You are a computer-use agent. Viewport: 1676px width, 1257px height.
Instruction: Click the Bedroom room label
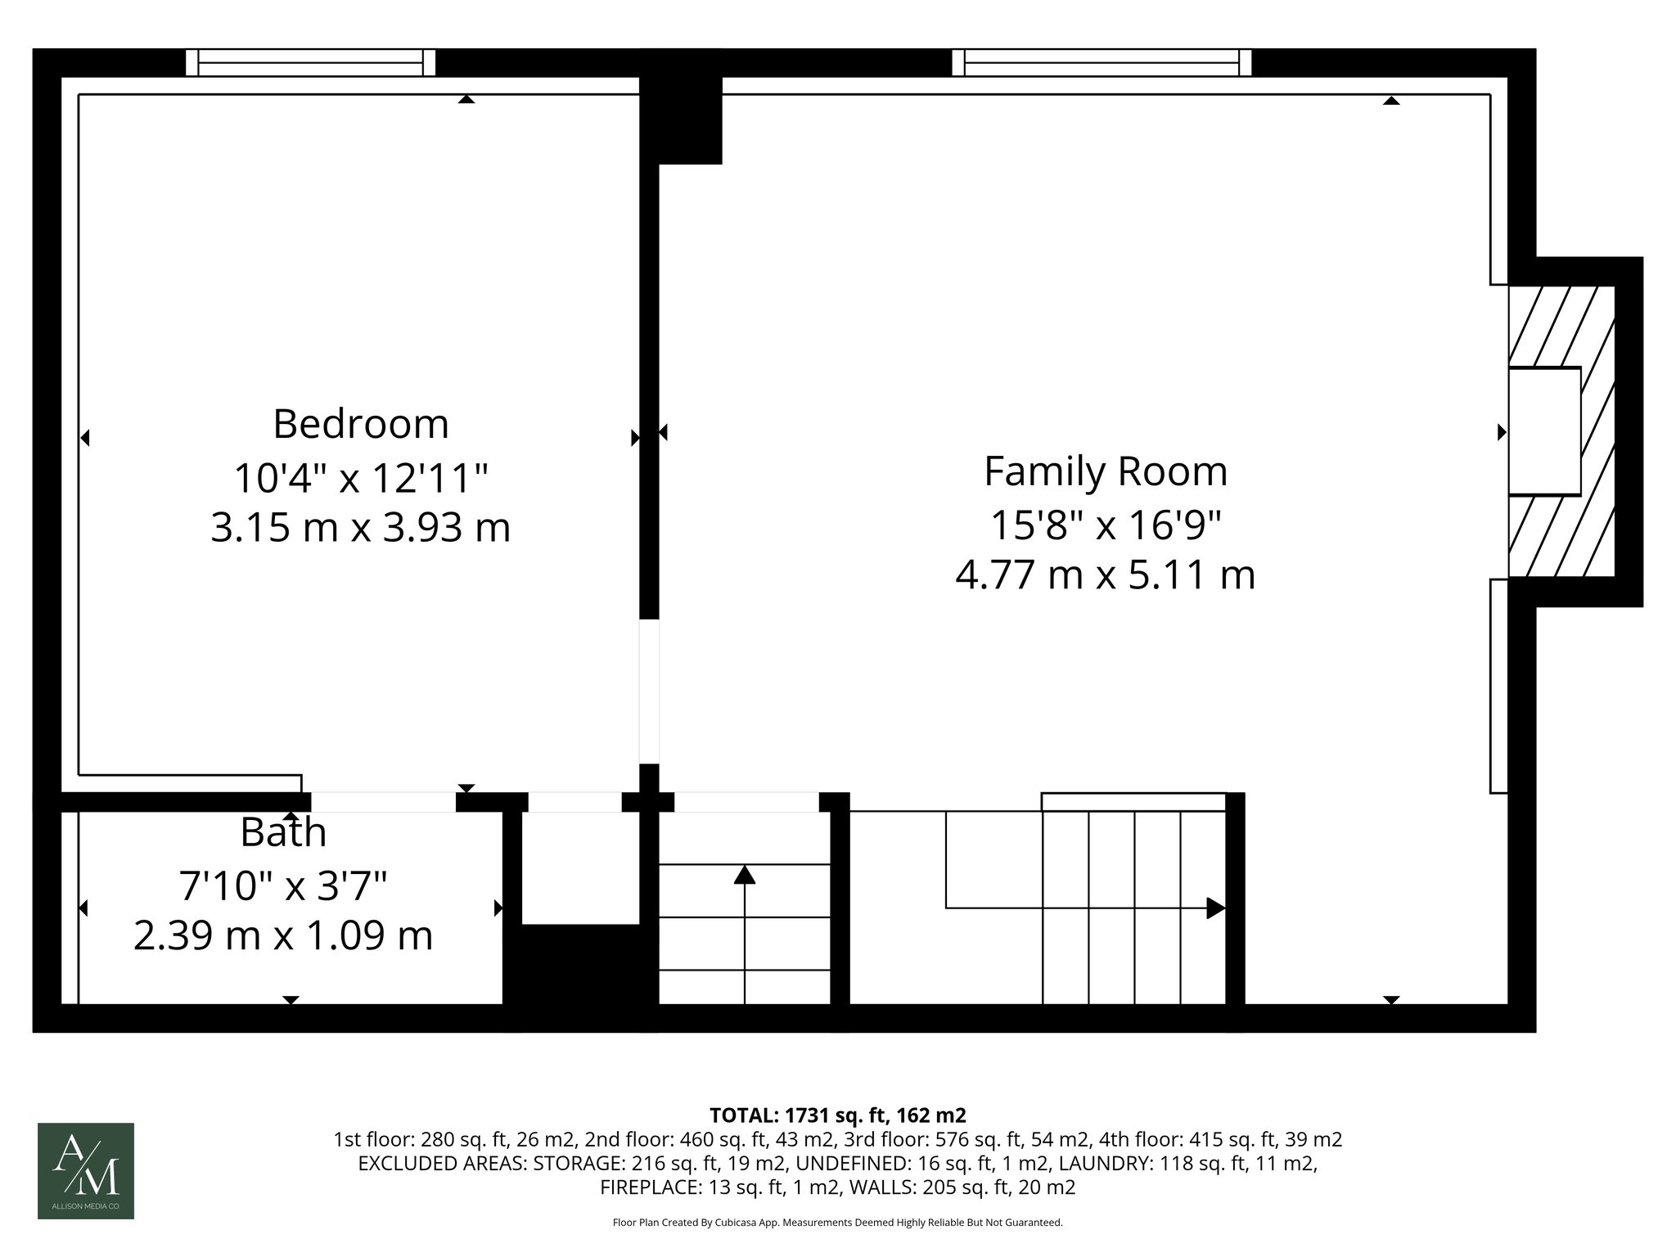pos(360,424)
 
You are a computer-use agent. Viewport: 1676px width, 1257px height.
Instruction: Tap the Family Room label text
pos(1105,471)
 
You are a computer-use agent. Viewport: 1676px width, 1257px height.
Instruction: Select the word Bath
pos(283,833)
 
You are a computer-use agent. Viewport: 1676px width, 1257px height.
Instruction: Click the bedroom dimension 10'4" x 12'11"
pos(360,478)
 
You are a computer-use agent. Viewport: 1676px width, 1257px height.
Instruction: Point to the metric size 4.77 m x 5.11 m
pos(1105,574)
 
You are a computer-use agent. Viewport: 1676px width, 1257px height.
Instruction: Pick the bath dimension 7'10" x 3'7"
pos(283,885)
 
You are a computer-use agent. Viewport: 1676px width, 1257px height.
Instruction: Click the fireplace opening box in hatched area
pos(1543,431)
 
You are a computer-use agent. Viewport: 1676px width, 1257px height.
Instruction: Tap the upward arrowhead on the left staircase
pos(744,875)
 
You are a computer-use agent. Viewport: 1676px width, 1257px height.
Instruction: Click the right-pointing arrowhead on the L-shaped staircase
pos(1215,908)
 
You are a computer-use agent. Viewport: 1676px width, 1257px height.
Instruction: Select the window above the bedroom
pos(310,63)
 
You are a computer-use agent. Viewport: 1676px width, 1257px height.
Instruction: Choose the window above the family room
pos(1102,63)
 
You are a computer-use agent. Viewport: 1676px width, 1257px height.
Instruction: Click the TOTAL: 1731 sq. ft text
pos(837,1115)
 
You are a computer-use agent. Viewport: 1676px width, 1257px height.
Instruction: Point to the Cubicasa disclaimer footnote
pos(837,1223)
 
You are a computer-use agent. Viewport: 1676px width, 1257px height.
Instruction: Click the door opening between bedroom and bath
pos(383,802)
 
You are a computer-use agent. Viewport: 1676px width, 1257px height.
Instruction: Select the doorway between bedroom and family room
pos(649,692)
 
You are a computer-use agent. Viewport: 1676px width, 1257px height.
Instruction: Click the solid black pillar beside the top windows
pos(681,120)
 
